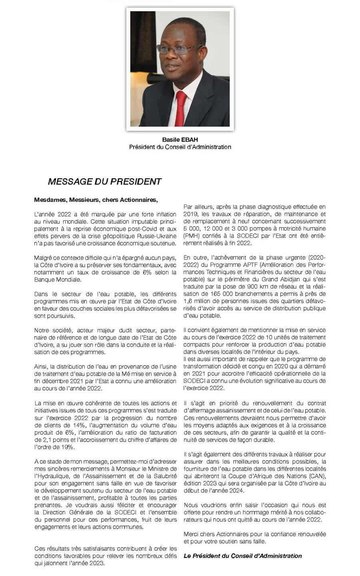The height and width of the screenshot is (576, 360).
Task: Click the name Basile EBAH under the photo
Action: pos(180,140)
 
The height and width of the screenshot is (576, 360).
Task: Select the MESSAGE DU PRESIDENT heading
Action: pos(104,182)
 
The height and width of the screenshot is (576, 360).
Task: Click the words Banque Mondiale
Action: pos(58,279)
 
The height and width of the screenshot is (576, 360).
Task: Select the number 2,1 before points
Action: pos(47,440)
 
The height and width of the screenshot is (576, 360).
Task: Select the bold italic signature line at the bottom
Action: pos(243,556)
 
